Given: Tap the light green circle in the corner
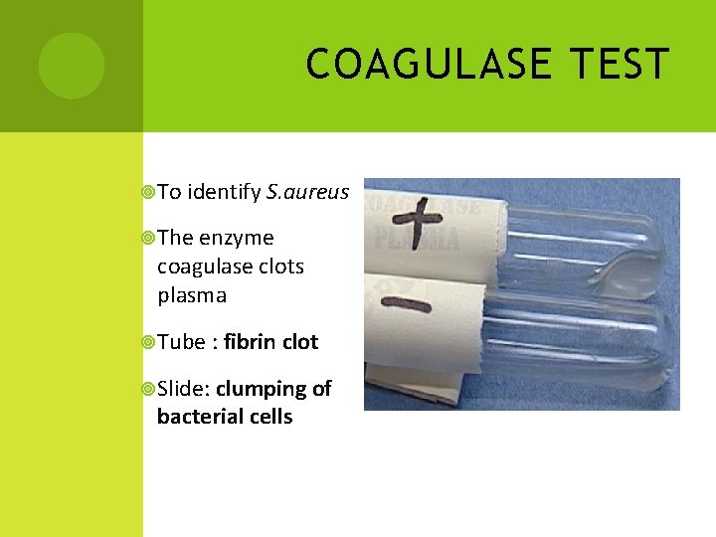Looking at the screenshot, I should coord(71,66).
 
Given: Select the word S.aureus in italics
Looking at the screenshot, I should coord(308,191).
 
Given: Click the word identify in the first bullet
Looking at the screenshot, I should coord(224,191).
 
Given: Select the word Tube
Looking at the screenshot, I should coord(180,342).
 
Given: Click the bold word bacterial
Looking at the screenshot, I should coord(203,417).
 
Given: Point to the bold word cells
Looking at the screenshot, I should coord(271,417).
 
